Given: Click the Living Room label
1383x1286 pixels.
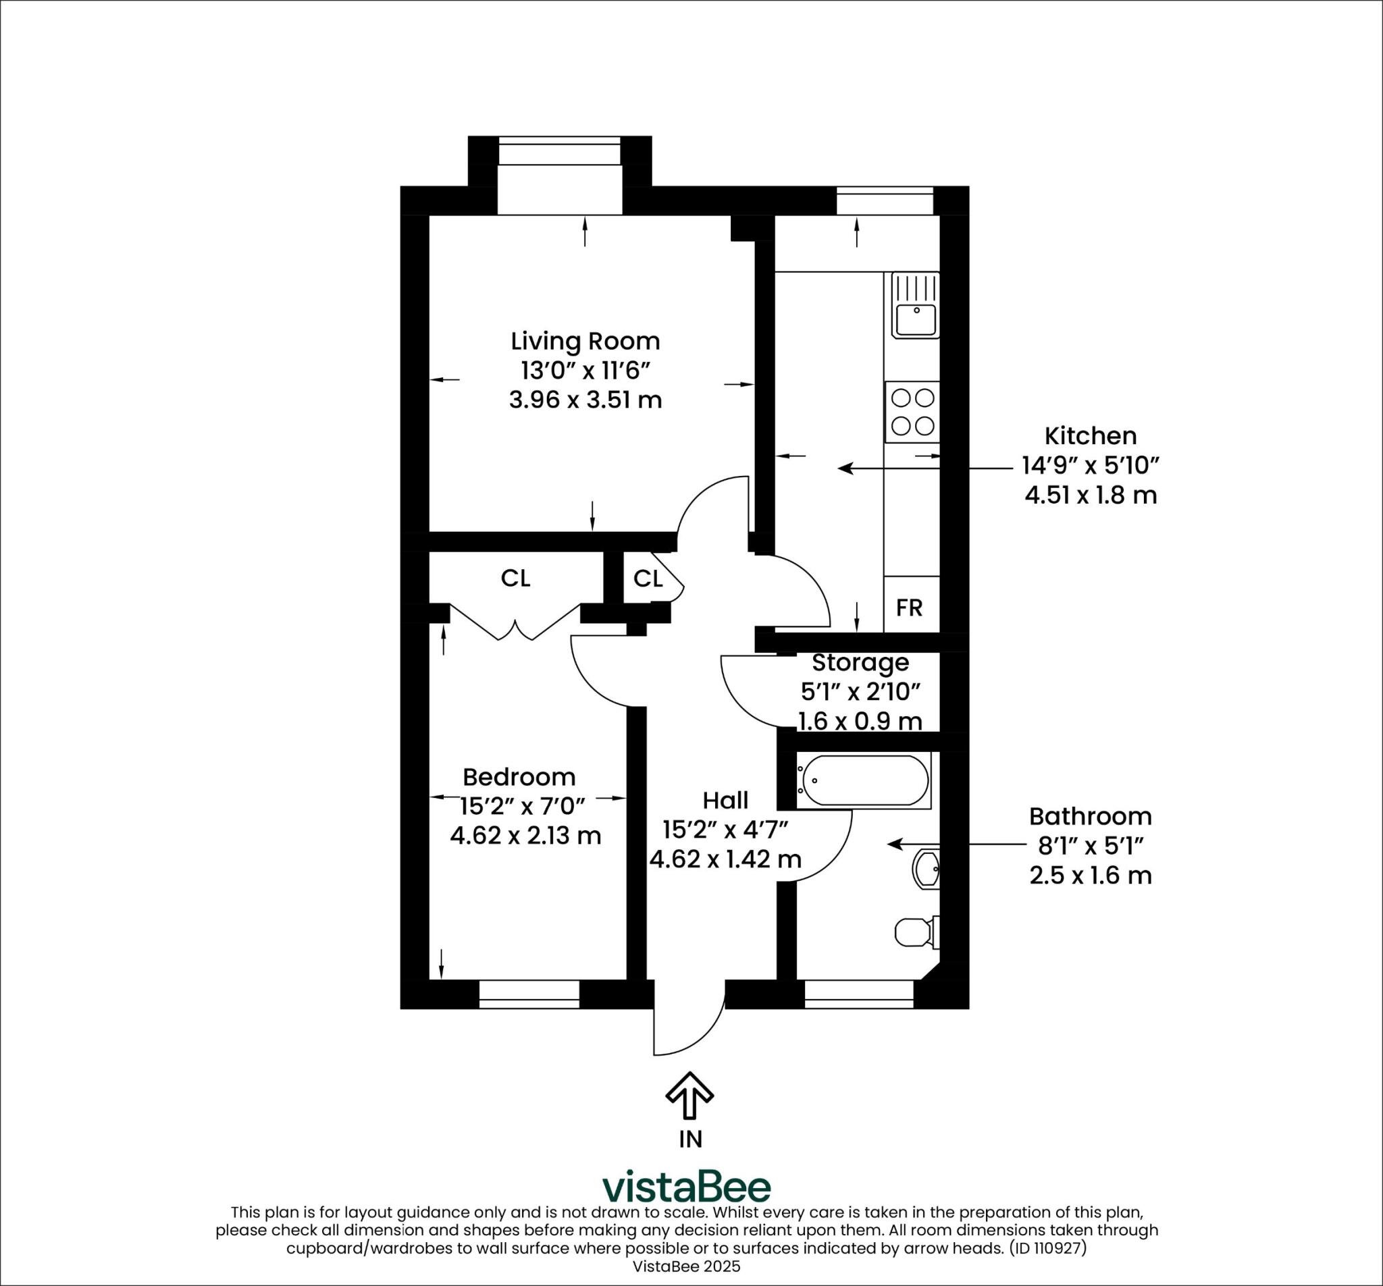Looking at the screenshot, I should pyautogui.click(x=585, y=342).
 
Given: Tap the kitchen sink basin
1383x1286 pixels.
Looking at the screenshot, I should pyautogui.click(x=916, y=320).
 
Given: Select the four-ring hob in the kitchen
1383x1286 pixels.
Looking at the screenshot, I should pyautogui.click(x=912, y=412).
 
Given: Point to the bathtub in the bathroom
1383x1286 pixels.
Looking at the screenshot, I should pyautogui.click(x=863, y=781).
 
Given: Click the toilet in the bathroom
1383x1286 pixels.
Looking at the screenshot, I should pyautogui.click(x=916, y=932).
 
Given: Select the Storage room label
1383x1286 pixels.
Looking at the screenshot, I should pyautogui.click(x=860, y=663).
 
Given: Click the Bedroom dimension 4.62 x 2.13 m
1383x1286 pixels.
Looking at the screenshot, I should pyautogui.click(x=525, y=834).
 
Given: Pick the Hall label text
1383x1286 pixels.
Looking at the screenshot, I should pyautogui.click(x=725, y=800).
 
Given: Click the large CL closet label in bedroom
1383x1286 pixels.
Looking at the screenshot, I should pyautogui.click(x=515, y=578).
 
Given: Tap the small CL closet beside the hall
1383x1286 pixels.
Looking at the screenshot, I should pyautogui.click(x=648, y=578).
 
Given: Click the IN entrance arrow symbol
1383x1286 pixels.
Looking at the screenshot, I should pyautogui.click(x=689, y=1095).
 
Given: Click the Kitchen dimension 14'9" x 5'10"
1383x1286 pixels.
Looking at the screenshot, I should pyautogui.click(x=1090, y=465).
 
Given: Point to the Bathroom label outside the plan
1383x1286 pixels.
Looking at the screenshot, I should pyautogui.click(x=1090, y=816).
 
